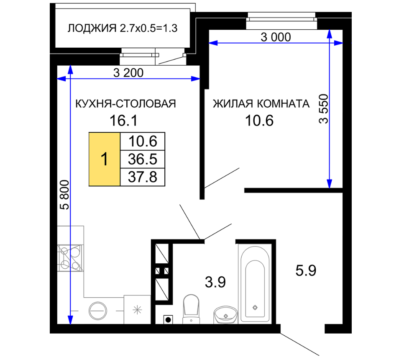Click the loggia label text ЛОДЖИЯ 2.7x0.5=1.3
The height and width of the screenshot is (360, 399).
123,28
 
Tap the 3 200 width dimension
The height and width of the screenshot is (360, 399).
128,73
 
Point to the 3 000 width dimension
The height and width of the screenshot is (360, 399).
276,37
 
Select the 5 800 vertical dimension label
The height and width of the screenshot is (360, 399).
65,195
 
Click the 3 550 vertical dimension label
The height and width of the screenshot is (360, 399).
324,109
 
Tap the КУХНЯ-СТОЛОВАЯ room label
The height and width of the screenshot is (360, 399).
126,104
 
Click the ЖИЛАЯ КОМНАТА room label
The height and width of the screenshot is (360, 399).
261,104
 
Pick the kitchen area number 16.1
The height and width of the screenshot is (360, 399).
123,121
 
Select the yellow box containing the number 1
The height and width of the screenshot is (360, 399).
104,159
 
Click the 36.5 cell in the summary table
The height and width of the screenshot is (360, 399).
143,159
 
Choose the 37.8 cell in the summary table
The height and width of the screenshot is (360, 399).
143,177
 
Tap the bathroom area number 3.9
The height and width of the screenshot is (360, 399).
215,282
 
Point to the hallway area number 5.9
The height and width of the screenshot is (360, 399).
306,270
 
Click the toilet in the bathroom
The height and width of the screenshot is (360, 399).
191,309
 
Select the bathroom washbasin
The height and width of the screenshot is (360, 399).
226,315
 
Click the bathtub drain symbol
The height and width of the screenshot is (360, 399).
255,308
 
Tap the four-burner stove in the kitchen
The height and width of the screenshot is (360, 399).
70,258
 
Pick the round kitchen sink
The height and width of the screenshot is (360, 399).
98,311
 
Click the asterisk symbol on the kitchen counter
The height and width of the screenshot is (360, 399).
137,310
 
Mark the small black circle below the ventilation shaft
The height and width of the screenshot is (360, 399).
168,320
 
